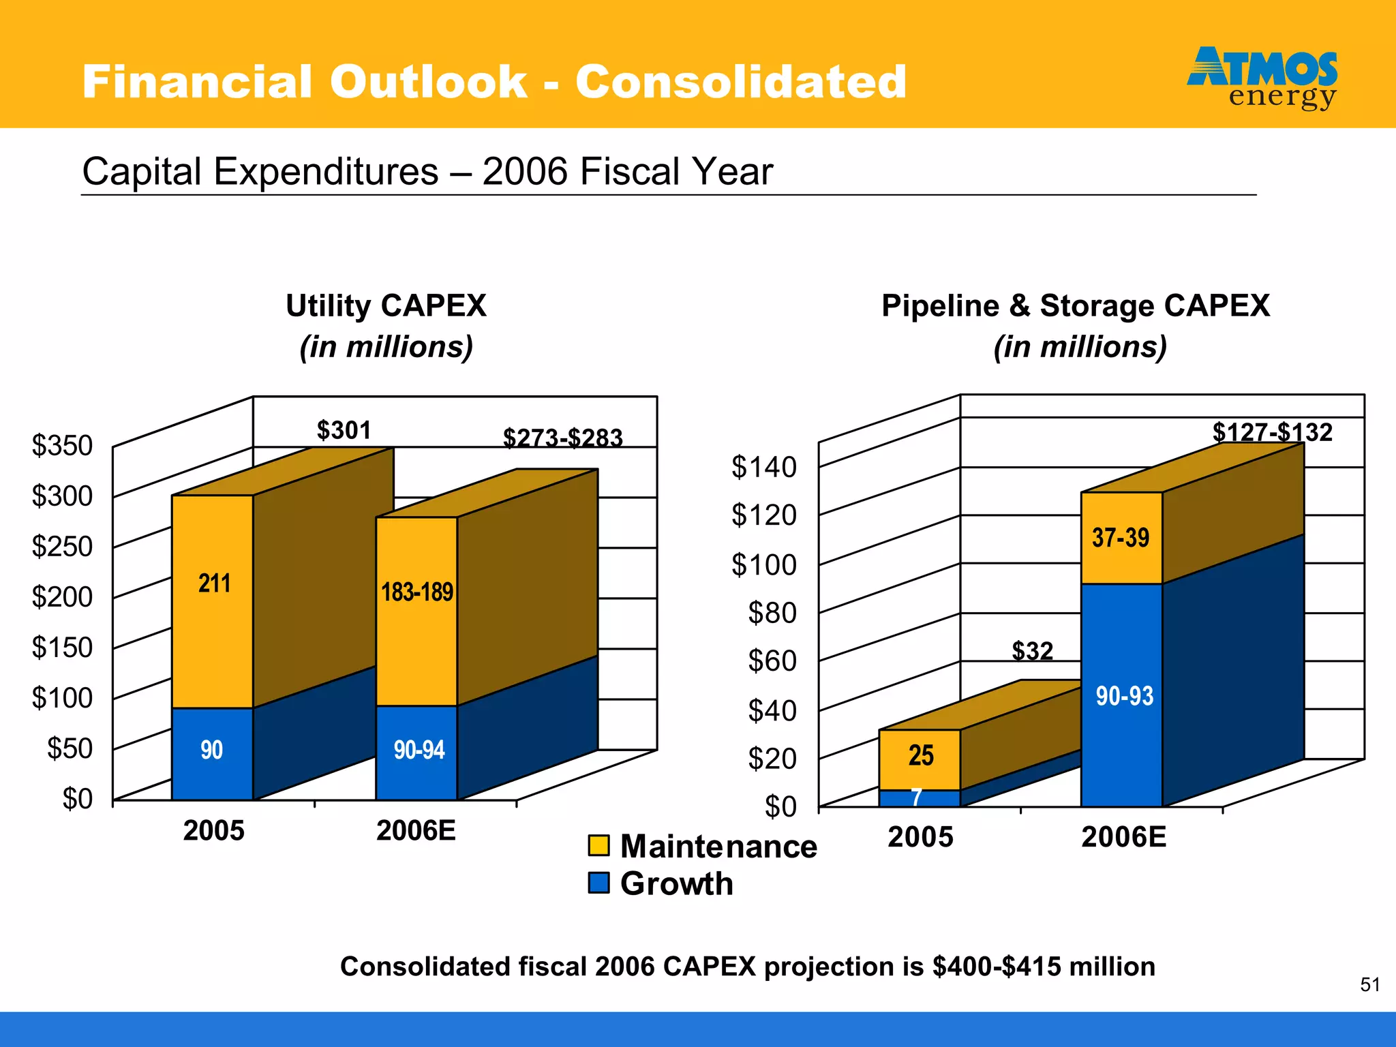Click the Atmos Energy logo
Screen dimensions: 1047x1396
[x=1262, y=78]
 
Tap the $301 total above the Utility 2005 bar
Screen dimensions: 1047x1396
[x=344, y=430]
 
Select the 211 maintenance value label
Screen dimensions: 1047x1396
[x=214, y=583]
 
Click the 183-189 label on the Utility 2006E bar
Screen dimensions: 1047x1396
[x=417, y=592]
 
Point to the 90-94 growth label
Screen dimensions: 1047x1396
[x=419, y=750]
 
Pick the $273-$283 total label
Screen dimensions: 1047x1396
[x=562, y=438]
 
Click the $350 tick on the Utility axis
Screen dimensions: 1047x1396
[x=62, y=446]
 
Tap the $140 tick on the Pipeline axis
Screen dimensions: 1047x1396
[x=763, y=468]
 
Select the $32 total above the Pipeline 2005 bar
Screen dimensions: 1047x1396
[x=1032, y=651]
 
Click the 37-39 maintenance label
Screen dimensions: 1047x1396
[x=1121, y=538]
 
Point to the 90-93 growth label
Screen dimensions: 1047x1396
[x=1124, y=696]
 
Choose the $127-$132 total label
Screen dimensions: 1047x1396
[x=1272, y=432]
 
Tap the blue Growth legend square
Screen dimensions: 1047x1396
[x=598, y=883]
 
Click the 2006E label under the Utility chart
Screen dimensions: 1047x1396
[x=416, y=831]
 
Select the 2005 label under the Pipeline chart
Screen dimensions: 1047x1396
[x=920, y=837]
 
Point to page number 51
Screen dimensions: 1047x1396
[x=1370, y=985]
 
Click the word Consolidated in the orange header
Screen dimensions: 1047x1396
[x=741, y=82]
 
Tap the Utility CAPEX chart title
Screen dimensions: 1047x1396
[x=386, y=305]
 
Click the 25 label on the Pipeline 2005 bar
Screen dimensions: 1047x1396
[x=920, y=755]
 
